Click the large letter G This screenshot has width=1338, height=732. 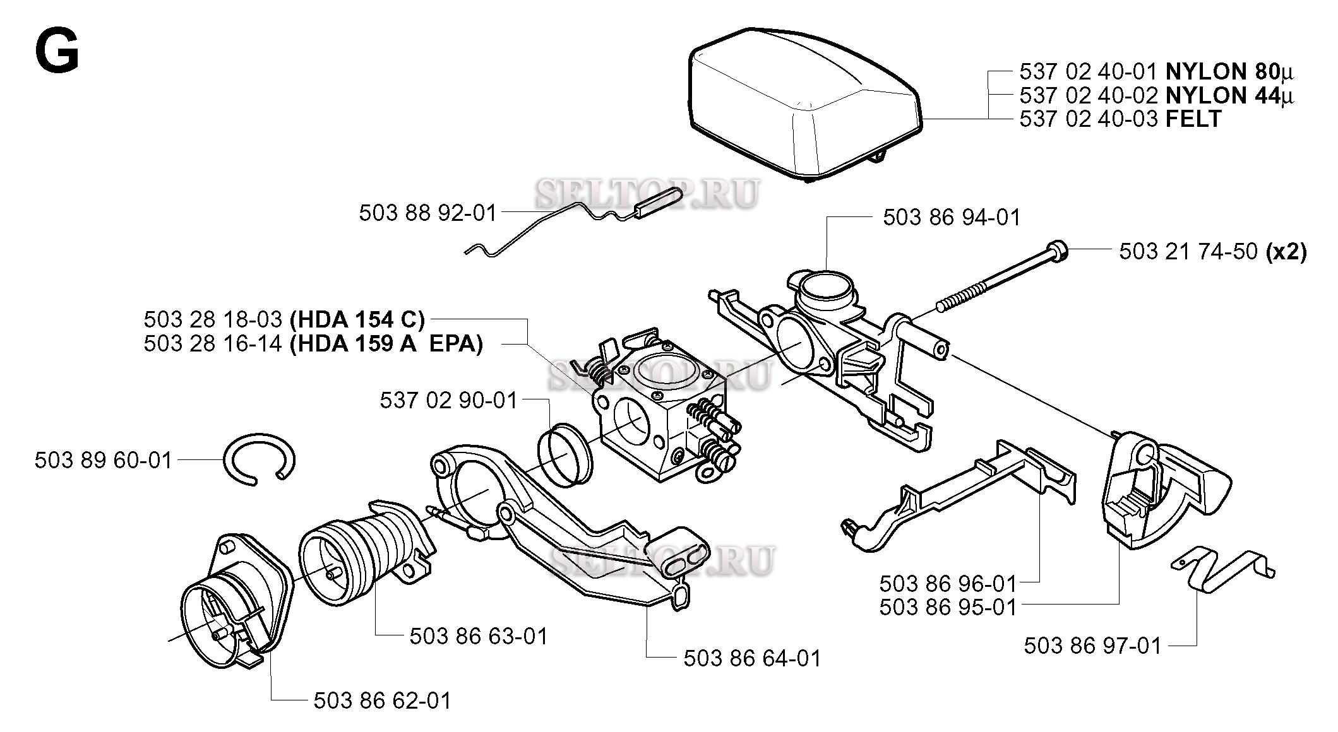(57, 53)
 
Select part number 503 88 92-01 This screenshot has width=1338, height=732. (428, 213)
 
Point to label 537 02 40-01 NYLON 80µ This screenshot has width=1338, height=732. (1156, 71)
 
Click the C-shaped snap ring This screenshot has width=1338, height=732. (260, 459)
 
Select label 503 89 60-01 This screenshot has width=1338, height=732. (103, 461)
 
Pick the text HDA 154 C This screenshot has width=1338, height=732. (357, 319)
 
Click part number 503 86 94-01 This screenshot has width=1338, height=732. (952, 218)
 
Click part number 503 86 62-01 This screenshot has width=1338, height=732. (383, 700)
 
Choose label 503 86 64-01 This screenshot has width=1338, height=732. (752, 658)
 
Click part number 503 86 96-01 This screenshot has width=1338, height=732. (948, 582)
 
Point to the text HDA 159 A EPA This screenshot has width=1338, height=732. (386, 345)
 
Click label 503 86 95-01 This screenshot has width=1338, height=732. (948, 607)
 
